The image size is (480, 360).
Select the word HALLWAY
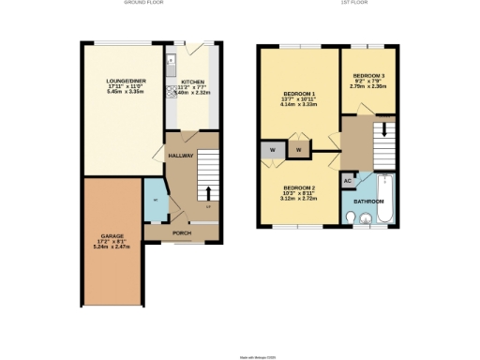180,156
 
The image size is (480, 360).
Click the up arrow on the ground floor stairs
208,193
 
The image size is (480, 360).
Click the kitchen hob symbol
172,92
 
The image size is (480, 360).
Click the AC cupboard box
348,180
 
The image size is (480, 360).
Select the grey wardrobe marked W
273,150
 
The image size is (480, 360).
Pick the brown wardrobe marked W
299,150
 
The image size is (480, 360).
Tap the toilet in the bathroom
350,218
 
